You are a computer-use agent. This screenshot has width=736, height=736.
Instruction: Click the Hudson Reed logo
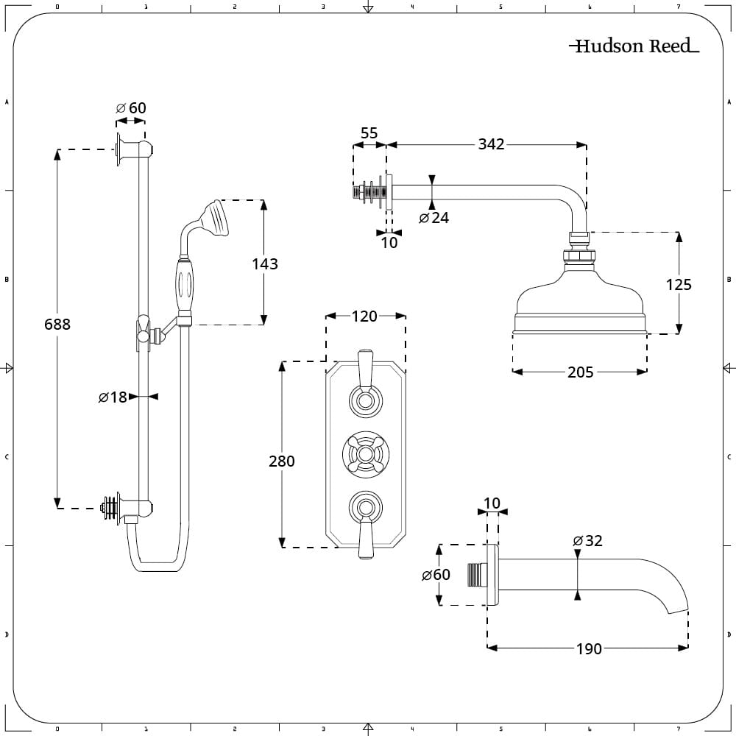634,46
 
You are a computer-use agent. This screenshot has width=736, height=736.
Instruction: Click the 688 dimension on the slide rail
57,325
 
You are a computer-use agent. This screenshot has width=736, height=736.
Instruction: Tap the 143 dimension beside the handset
265,263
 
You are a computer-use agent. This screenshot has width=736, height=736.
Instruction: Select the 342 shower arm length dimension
491,144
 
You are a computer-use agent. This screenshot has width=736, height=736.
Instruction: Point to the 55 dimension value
369,133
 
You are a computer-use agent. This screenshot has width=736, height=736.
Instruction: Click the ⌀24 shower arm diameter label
434,218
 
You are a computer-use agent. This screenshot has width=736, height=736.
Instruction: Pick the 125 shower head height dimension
679,284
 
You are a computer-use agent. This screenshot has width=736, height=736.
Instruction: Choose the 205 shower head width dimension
580,372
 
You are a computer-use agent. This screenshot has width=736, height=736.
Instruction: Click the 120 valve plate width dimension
364,316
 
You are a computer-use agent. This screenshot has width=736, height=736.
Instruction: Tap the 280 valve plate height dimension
282,461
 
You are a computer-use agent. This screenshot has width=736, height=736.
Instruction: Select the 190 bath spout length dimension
589,648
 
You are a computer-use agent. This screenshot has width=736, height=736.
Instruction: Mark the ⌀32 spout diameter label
587,541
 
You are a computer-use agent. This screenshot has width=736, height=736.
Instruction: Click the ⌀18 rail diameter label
113,397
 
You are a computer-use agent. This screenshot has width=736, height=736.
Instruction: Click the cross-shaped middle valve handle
366,454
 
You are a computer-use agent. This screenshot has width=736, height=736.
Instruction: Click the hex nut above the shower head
579,256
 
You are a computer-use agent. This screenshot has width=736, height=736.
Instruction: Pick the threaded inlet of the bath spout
476,575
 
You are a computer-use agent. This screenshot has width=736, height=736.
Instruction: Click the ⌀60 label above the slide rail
131,108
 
